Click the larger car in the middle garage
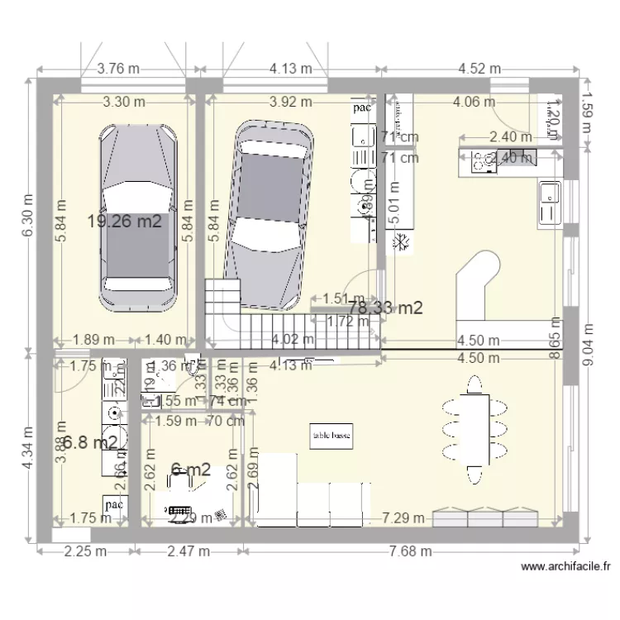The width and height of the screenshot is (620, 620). [x=270, y=214]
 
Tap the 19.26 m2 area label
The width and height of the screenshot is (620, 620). [x=124, y=221]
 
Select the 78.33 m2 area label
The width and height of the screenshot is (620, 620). [x=386, y=308]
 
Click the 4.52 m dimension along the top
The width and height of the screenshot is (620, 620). [x=479, y=69]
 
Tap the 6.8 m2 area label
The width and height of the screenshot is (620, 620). [x=90, y=442]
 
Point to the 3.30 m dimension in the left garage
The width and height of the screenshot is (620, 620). [x=124, y=103]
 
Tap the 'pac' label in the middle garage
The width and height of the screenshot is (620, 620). [x=361, y=107]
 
